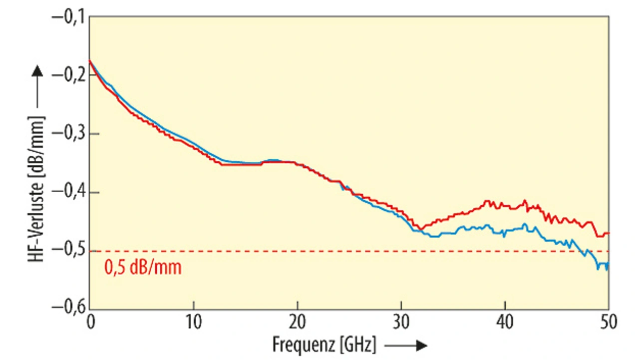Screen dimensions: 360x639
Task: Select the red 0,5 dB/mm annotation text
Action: (143, 268)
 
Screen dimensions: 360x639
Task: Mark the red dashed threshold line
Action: (349, 251)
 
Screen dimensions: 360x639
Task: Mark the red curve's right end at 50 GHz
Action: (608, 233)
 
